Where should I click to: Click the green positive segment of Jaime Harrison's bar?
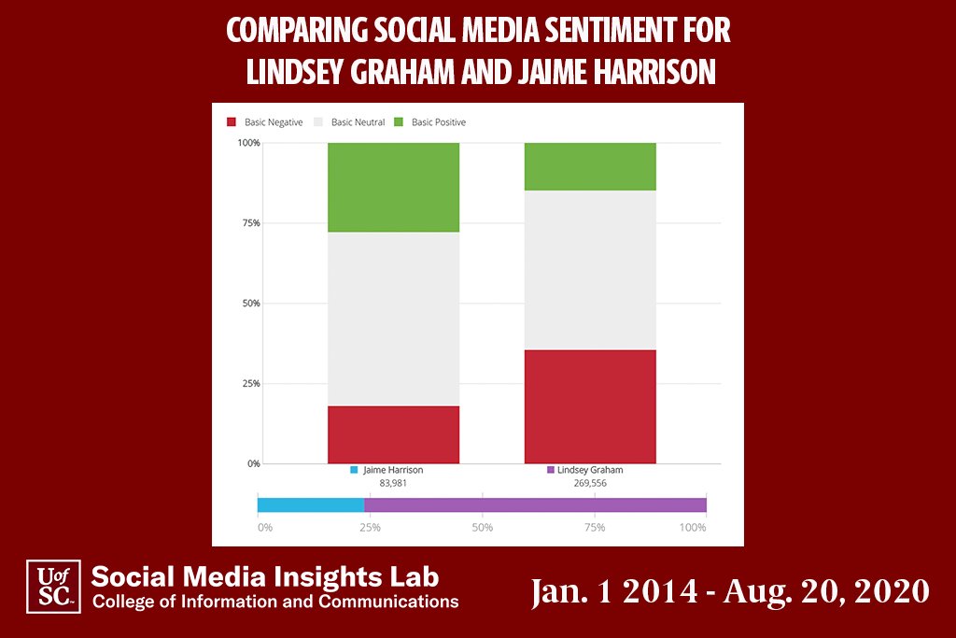click(393, 187)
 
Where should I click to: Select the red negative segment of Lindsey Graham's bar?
click(590, 406)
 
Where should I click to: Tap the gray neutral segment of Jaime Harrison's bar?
click(393, 319)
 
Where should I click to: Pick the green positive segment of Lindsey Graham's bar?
click(590, 166)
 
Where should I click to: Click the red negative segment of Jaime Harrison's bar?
click(393, 434)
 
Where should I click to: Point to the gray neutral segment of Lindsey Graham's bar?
click(590, 270)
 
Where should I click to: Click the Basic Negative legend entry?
click(265, 122)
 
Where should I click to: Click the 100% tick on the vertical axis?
click(248, 143)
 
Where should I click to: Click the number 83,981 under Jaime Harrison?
click(393, 484)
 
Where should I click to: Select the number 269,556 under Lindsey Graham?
click(590, 484)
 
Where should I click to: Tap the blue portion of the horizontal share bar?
click(311, 505)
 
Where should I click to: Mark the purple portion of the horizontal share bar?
click(535, 505)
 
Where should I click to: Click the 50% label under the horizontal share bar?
click(482, 528)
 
